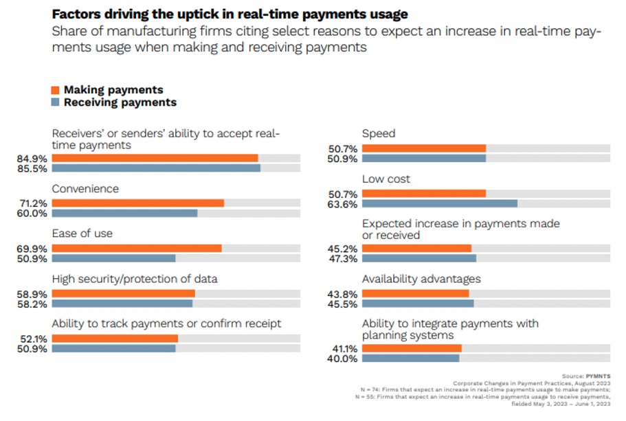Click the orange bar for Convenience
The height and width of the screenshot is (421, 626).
(137, 203)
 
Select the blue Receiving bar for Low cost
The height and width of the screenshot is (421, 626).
(439, 203)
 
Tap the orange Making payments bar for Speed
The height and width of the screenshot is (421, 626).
(423, 148)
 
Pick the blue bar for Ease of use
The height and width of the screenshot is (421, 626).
(113, 258)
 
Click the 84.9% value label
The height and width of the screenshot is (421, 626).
(32, 159)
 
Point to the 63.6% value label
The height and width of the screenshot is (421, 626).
(342, 204)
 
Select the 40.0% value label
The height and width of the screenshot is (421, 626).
(342, 359)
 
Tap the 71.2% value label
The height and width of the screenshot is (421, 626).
(32, 203)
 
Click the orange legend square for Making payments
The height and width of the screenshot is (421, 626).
(56, 90)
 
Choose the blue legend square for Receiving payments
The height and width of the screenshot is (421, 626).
(56, 102)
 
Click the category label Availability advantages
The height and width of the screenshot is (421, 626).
(421, 279)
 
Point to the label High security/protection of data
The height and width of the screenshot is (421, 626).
(135, 279)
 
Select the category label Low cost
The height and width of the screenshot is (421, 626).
(386, 179)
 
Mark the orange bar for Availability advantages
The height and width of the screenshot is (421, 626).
(415, 293)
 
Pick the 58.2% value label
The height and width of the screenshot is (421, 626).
(32, 304)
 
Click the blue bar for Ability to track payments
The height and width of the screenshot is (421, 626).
(113, 348)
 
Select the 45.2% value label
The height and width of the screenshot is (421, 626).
(342, 249)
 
